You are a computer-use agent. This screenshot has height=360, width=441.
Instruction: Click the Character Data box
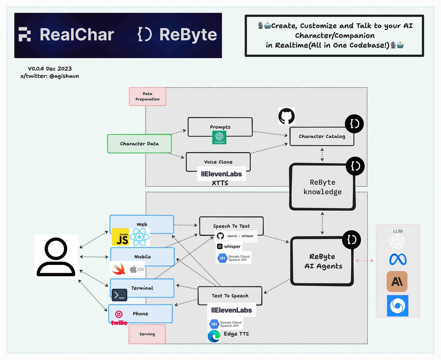click(x=139, y=143)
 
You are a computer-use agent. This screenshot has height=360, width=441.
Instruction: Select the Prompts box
click(x=220, y=127)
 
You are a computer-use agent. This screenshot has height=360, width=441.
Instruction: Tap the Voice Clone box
click(x=218, y=162)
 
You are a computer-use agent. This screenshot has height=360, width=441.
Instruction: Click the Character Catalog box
click(x=322, y=136)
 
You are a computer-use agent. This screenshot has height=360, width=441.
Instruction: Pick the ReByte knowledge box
click(x=322, y=187)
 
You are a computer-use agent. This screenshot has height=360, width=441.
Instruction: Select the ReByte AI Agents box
click(x=322, y=261)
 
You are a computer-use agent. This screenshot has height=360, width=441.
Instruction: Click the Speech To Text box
click(x=231, y=226)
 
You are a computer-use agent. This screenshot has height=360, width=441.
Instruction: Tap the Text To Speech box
click(x=230, y=296)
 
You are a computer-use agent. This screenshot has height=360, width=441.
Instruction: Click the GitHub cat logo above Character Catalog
click(x=287, y=116)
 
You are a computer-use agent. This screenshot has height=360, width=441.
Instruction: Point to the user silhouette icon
click(x=56, y=256)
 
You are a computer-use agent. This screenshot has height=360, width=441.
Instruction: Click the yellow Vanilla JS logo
click(x=120, y=237)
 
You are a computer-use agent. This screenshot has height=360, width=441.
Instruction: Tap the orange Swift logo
click(x=120, y=270)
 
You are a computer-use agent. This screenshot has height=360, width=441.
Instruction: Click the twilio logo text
click(x=119, y=322)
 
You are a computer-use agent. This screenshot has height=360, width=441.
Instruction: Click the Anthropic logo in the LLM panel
click(x=397, y=282)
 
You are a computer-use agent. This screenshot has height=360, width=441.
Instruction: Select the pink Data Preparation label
click(x=147, y=96)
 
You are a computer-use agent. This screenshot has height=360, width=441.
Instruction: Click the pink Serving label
click(x=147, y=334)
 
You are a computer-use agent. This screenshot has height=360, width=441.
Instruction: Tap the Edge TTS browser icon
click(x=214, y=336)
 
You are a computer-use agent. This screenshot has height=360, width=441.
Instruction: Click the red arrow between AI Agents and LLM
click(x=365, y=261)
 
